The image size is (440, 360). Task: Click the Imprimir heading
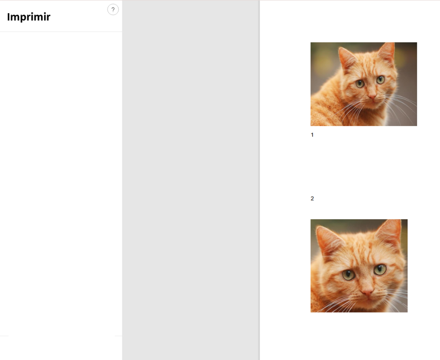click(x=29, y=17)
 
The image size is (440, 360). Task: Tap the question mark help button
click(x=113, y=9)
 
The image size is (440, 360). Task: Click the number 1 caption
click(x=312, y=135)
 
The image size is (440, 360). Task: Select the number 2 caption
click(x=312, y=199)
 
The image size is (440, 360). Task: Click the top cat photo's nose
click(x=372, y=96)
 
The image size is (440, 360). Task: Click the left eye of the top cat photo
click(x=360, y=83)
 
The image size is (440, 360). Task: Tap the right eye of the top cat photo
click(x=380, y=80)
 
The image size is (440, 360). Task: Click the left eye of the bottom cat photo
click(x=348, y=275)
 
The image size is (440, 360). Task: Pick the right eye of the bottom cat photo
click(x=380, y=269)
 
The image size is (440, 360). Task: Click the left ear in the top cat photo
click(x=347, y=57)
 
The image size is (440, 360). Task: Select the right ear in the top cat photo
click(x=387, y=53)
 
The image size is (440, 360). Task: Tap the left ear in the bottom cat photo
click(x=330, y=240)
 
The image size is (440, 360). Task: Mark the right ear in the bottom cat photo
click(x=390, y=232)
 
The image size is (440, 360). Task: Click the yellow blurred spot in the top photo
click(x=322, y=64)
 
